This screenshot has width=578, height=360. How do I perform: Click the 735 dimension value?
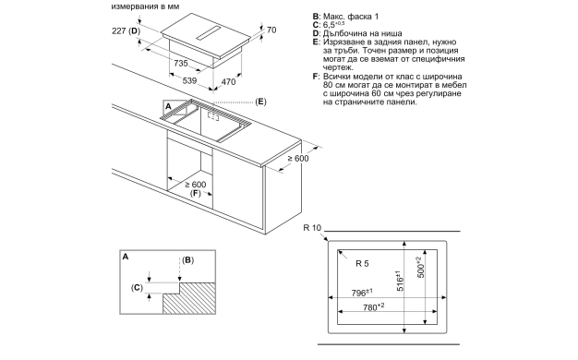click(x=181, y=64)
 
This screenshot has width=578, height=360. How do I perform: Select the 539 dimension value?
click(x=189, y=80)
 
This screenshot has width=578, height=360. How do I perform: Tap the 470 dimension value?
click(x=228, y=82)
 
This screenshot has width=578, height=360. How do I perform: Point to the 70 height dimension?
click(x=271, y=30)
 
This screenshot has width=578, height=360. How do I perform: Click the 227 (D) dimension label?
click(x=126, y=31)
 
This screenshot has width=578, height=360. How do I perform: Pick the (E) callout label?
click(x=260, y=102)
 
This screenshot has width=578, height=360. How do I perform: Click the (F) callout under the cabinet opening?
click(x=196, y=193)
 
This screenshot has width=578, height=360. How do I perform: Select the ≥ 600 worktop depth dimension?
click(x=298, y=159)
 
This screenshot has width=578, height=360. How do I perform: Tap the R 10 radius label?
click(x=312, y=228)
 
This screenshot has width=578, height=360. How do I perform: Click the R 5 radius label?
click(x=362, y=263)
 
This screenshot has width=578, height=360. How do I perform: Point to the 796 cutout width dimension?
click(x=362, y=293)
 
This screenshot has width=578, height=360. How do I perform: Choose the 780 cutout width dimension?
click(x=373, y=306)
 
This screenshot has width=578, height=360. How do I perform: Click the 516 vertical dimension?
click(x=400, y=281)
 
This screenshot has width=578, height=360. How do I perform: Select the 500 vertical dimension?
click(x=421, y=267)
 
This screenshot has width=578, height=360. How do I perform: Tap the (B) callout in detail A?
click(x=187, y=260)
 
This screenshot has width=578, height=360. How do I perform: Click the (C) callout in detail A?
click(x=137, y=287)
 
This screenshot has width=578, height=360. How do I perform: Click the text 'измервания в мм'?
click(x=145, y=6)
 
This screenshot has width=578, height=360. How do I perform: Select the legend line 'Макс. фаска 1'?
click(x=351, y=17)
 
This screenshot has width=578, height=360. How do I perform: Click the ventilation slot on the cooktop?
click(x=209, y=33)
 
